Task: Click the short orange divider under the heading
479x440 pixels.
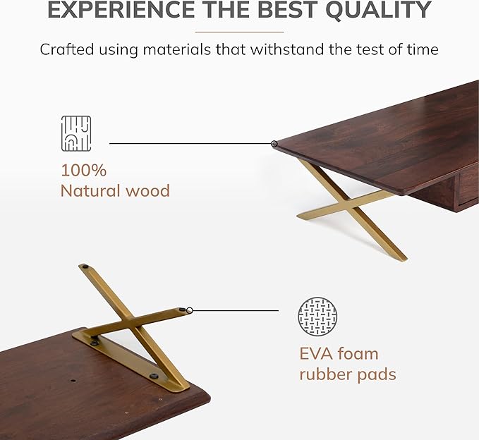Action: [x=239, y=32]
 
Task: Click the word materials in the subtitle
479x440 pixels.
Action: [x=190, y=50]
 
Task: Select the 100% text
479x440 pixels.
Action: [x=83, y=170]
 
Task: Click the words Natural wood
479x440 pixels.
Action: [x=115, y=190]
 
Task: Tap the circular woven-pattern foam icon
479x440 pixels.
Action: [x=317, y=316]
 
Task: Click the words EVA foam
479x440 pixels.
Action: [x=339, y=353]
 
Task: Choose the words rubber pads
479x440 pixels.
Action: [x=347, y=374]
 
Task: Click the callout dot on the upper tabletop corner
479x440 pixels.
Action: [x=274, y=144]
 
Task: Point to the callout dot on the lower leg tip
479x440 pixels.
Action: [x=189, y=310]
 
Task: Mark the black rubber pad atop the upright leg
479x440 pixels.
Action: [x=85, y=267]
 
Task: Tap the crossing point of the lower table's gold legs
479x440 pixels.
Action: [x=129, y=322]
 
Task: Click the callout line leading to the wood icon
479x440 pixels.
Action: [x=190, y=144]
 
